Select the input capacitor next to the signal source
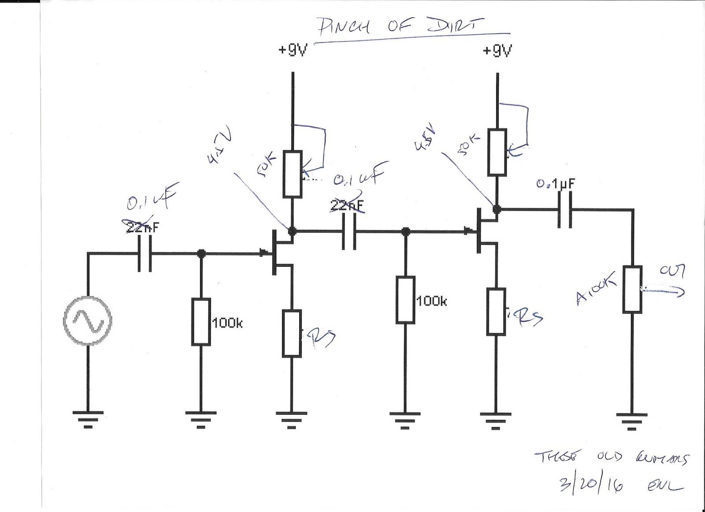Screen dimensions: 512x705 (x=145, y=254)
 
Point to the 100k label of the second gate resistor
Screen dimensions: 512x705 (x=432, y=301)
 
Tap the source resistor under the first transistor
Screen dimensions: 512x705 (x=292, y=333)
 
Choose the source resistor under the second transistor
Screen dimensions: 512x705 (x=497, y=312)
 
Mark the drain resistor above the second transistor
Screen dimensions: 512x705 (x=497, y=152)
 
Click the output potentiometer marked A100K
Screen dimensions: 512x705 (x=632, y=289)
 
